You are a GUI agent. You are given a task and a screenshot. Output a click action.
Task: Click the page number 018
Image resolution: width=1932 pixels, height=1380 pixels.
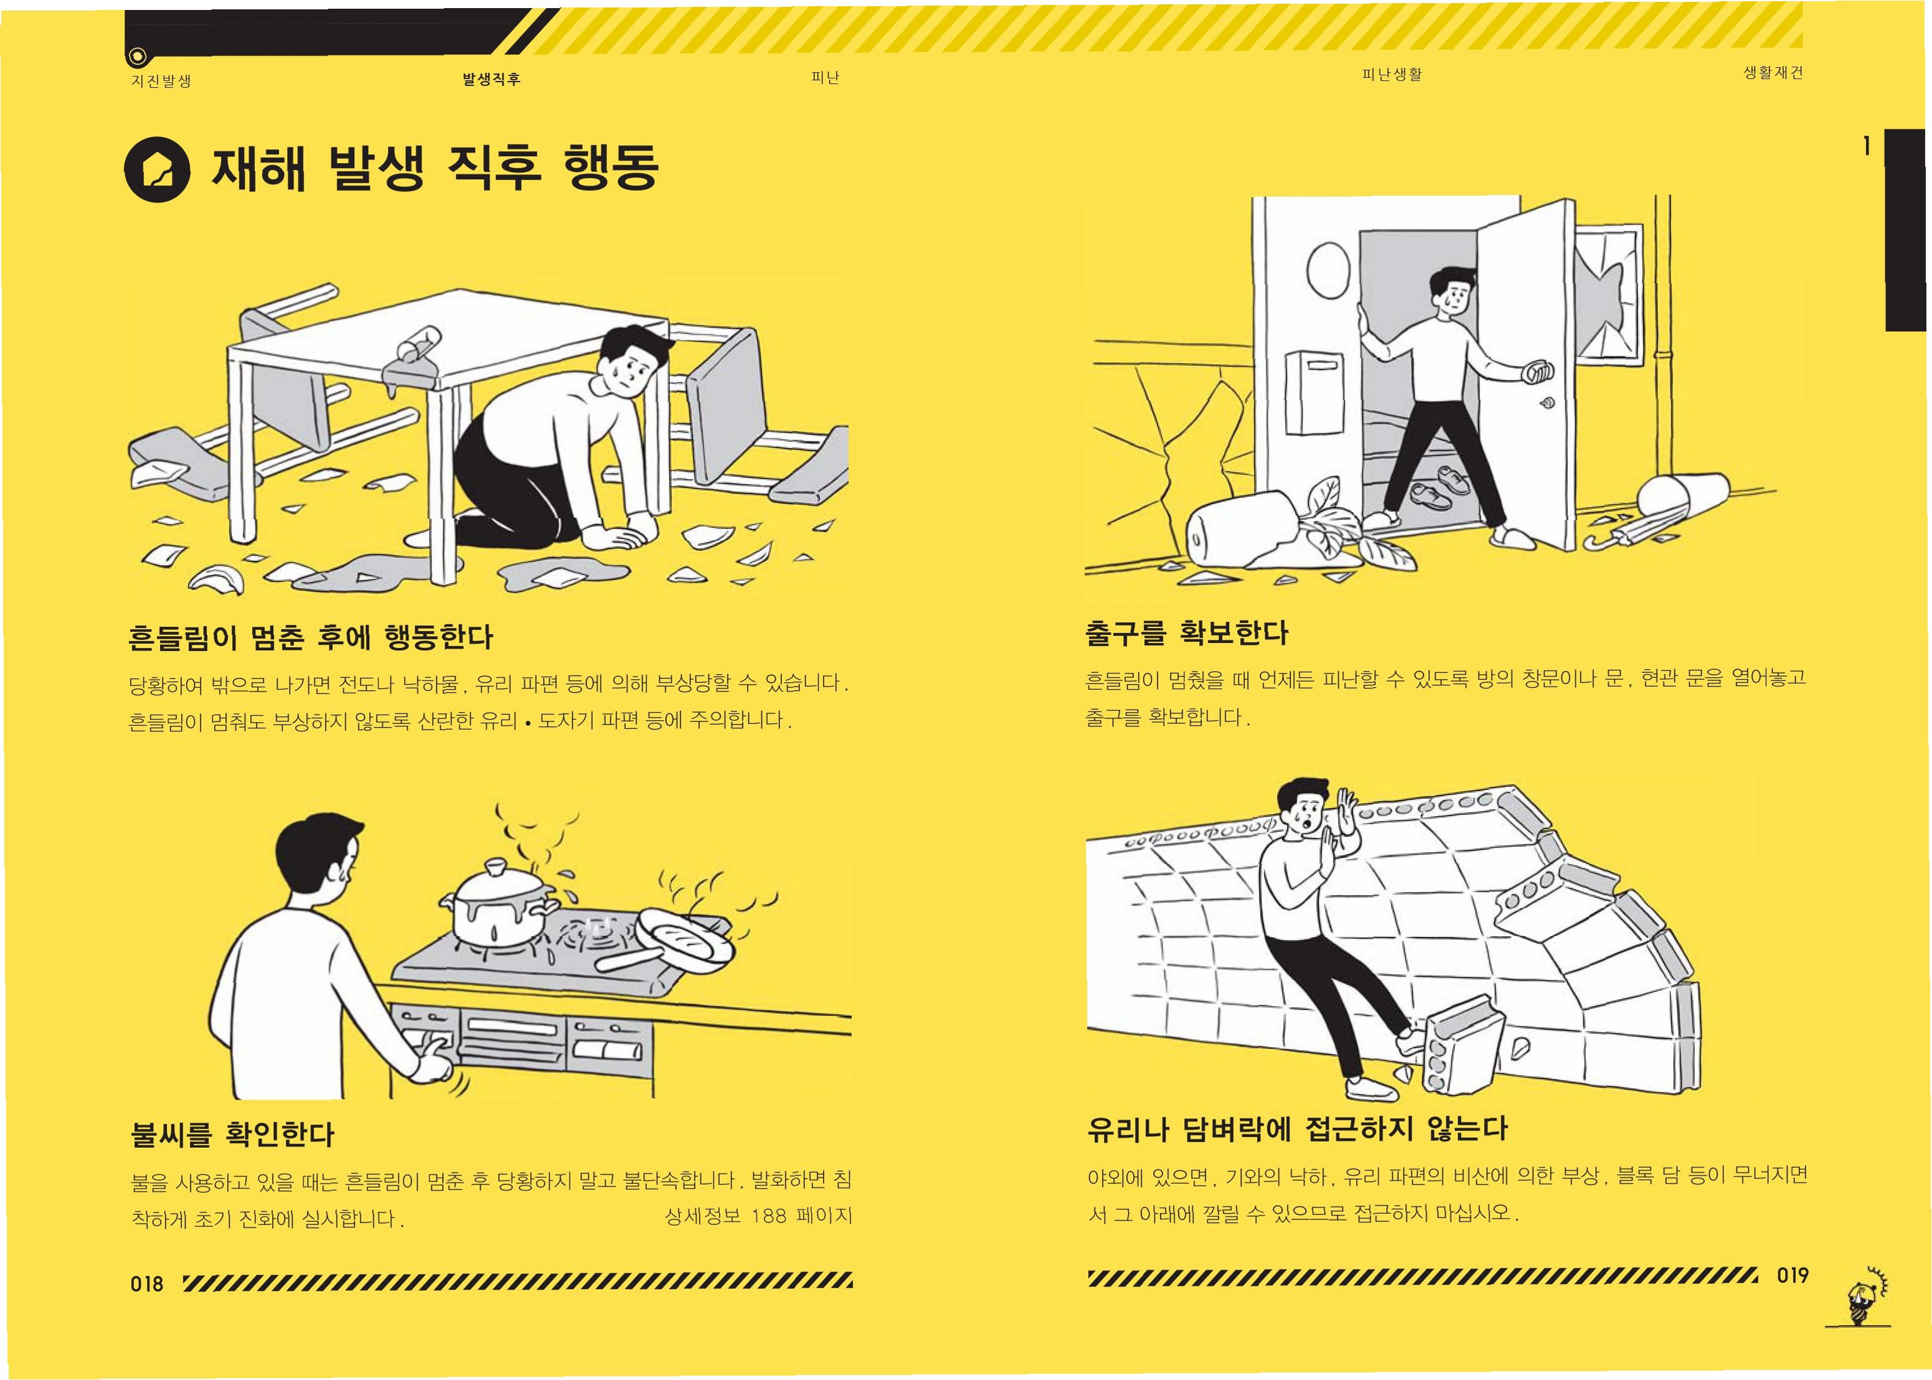click(146, 1283)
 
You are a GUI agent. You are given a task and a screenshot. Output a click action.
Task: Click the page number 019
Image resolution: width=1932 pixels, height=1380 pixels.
click(1793, 1275)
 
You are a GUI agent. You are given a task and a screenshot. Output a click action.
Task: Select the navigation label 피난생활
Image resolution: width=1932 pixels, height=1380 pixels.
click(1392, 75)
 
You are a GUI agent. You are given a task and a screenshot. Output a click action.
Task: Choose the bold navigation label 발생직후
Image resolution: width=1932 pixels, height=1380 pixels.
click(491, 79)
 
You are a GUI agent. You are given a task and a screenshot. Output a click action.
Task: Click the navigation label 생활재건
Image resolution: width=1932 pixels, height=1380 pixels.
click(1773, 72)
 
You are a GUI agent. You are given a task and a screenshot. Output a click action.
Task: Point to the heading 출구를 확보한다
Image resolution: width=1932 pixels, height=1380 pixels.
click(1187, 633)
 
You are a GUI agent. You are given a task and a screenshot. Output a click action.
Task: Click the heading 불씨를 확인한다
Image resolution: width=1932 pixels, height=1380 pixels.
click(233, 1134)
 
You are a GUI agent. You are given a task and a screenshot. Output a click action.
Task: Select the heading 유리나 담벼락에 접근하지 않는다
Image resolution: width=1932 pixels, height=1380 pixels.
click(1297, 1129)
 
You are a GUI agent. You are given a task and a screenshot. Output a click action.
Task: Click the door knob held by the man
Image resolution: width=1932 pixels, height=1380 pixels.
click(1539, 372)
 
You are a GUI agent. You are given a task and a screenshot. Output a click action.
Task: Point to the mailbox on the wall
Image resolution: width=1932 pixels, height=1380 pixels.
click(1315, 393)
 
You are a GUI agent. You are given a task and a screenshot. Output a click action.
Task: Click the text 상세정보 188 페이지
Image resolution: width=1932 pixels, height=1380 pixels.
click(758, 1216)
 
